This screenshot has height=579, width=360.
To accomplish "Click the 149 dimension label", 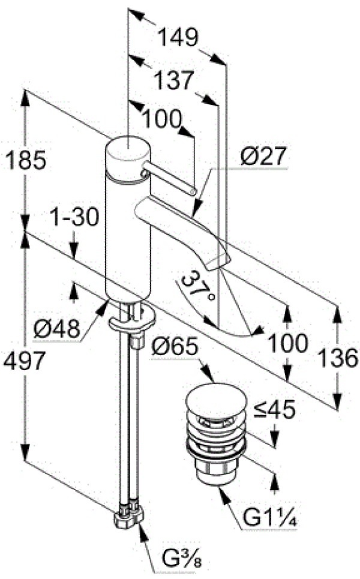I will point(178,38).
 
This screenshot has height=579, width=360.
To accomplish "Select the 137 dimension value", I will point(174,80).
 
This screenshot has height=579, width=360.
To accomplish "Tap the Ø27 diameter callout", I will point(263,157).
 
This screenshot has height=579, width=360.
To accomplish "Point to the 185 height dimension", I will point(25,160).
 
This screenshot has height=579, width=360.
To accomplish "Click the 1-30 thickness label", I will point(74,217).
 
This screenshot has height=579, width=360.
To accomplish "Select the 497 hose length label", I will point(23,361).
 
